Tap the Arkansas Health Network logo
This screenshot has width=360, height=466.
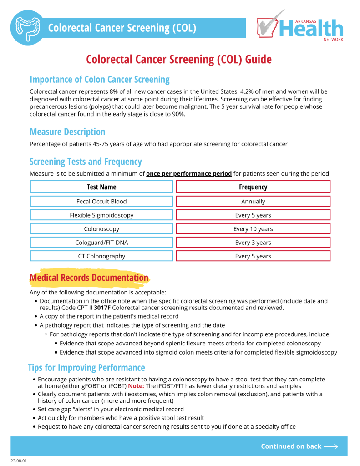300,27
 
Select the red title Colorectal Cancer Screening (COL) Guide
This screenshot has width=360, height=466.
179,60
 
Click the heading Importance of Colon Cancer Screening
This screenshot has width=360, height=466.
100,80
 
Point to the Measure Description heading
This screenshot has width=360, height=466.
67,132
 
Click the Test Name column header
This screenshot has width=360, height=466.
101,187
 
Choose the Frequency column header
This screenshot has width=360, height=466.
253,187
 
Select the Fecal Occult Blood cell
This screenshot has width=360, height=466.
101,201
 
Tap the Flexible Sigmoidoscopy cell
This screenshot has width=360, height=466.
101,215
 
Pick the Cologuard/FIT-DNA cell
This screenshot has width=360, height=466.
101,243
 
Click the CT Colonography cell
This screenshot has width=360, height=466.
101,256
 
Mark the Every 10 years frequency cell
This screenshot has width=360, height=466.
253,229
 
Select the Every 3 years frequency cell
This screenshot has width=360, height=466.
253,243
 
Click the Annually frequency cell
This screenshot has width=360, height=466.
253,201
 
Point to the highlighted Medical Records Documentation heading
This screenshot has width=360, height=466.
89,278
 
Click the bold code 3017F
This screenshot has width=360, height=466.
102,308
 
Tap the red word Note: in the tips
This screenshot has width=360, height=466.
136,386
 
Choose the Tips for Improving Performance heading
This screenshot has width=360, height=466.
86,368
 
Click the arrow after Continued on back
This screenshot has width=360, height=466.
331,446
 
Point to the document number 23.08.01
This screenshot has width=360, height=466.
19,461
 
